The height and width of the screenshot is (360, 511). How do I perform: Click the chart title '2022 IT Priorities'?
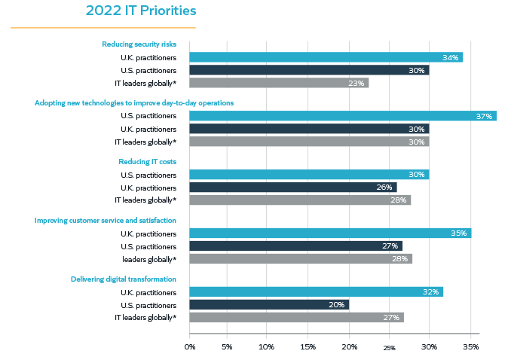pos(141,11)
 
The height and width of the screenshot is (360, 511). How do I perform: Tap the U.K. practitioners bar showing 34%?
pos(326,57)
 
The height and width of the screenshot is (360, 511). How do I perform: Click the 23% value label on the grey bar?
pos(356,84)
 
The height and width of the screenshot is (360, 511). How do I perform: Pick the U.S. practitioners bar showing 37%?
pos(342,116)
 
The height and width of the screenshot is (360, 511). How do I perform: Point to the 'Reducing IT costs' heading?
pos(147,161)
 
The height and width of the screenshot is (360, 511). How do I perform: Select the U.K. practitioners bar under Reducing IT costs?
pos(292,188)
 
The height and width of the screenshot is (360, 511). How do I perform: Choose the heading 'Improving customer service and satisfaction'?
pos(106,220)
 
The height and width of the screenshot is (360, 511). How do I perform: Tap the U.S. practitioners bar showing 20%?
pos(269,305)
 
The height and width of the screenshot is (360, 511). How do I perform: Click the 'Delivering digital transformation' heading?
pos(124,279)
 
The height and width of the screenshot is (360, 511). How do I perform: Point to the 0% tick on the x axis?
pos(189,347)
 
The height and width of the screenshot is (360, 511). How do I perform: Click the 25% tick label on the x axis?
pos(389,348)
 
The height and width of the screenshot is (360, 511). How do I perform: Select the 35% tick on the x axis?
pos(470,347)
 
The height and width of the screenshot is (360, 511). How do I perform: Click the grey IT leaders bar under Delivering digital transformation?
pos(296,318)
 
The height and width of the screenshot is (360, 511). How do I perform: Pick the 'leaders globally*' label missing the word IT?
pos(149,259)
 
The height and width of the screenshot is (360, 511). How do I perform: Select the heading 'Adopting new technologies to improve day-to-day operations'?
pos(134,102)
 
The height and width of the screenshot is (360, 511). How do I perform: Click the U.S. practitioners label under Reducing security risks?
pos(148,70)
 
